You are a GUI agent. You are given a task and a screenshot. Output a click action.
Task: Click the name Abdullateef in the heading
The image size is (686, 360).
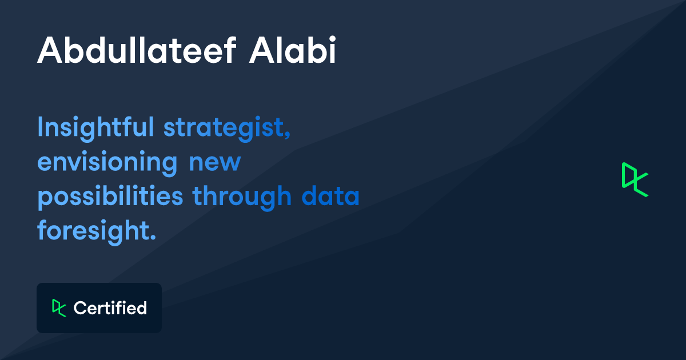[x=137, y=51]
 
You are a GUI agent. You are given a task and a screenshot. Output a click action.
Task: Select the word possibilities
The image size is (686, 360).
[x=110, y=197]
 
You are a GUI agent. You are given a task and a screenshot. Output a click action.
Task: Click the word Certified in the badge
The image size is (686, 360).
[x=110, y=308]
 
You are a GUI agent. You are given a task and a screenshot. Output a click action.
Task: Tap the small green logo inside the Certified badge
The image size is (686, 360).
[x=59, y=307]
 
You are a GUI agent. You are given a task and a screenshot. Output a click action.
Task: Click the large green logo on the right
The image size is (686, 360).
[x=635, y=179]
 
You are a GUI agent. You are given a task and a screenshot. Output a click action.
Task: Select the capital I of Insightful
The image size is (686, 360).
[x=41, y=127]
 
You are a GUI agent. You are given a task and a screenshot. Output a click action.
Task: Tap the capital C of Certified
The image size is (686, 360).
[x=79, y=308]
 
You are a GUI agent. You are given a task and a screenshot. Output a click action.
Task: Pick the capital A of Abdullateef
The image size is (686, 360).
[x=48, y=51]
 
